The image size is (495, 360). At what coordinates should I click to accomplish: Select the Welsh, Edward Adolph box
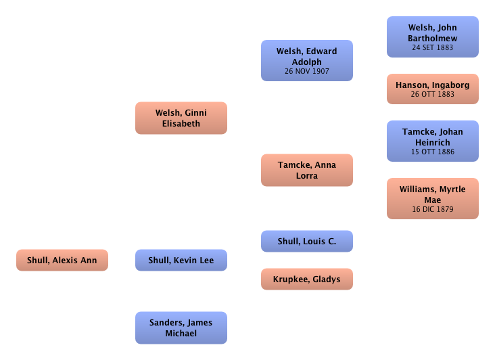306,60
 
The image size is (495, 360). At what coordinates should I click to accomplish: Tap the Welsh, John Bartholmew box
432,37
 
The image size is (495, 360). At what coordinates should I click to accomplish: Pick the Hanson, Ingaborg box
432,89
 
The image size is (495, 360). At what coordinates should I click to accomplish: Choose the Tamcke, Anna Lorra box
306,168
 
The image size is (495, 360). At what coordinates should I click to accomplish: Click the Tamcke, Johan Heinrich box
432,141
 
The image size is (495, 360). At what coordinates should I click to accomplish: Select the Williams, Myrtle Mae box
432,198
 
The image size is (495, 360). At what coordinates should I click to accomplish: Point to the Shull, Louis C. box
306,241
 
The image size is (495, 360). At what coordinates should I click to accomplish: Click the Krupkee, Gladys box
306,279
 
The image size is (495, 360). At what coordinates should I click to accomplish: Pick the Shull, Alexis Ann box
62,260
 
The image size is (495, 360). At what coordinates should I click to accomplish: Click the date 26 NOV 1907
306,70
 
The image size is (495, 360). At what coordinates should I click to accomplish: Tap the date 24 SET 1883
432,48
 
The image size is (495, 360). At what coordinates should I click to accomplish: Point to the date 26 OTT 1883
432,93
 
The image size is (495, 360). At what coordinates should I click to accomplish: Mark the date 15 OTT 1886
432,152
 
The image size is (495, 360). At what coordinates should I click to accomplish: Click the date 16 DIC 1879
432,209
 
